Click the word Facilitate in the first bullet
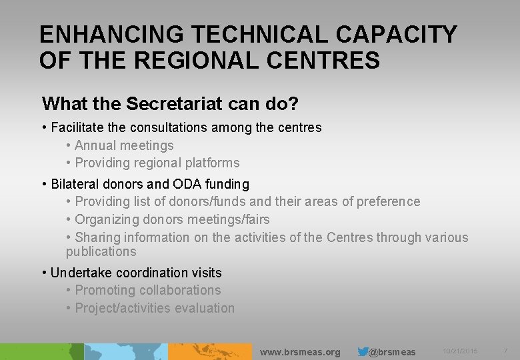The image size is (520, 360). click(78, 127)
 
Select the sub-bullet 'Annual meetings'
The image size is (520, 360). click(124, 145)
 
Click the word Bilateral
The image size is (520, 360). click(75, 184)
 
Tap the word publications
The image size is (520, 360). click(101, 252)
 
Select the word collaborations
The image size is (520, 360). click(179, 291)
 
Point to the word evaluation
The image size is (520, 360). click(203, 308)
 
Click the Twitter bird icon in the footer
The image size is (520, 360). click(363, 351)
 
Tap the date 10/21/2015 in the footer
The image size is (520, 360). click(460, 351)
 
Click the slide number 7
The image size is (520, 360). click(505, 351)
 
